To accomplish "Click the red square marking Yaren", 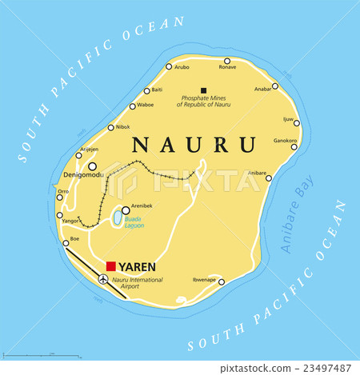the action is click(111, 266).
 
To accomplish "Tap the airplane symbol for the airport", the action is click(103, 279).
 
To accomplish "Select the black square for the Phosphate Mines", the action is click(204, 90).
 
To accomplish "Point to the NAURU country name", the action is click(194, 145).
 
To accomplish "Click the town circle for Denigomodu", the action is click(93, 166).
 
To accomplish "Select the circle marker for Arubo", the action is click(169, 67).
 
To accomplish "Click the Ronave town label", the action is click(227, 68).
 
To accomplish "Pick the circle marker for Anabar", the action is click(275, 86).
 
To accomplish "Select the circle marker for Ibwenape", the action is click(222, 281).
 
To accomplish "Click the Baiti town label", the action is click(157, 90).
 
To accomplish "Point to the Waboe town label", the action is click(146, 106).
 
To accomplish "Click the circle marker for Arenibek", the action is click(126, 210).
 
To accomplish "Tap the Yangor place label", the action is click(70, 221).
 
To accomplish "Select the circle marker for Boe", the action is click(66, 243).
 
